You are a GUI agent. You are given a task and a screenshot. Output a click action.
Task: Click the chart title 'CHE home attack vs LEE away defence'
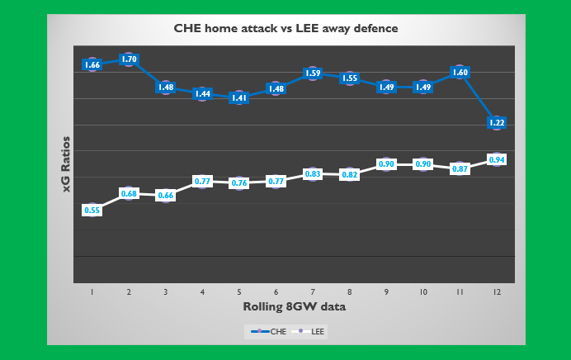[x=285, y=28]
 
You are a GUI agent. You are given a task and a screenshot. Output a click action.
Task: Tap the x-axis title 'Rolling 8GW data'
[x=294, y=306]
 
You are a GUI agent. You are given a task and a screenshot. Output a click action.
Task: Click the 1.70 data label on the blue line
[x=129, y=59]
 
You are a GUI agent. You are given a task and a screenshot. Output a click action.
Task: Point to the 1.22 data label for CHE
[x=497, y=123]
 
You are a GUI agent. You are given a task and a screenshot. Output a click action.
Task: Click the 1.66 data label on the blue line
[x=92, y=64]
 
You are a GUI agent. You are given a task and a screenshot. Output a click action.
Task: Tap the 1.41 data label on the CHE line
[x=239, y=97]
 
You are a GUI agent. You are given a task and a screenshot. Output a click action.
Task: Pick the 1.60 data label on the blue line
[x=460, y=73]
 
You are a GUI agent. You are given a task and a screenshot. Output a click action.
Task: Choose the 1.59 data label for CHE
[x=313, y=73]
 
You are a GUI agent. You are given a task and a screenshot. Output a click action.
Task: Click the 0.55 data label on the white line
[x=92, y=211]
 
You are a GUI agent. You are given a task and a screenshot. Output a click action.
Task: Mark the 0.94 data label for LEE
[x=497, y=159]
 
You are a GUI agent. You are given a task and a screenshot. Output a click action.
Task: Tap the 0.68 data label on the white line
[x=129, y=194]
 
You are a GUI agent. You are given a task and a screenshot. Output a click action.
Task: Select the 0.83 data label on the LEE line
[x=313, y=174]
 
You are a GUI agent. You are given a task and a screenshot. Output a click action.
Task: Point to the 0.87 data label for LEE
[x=460, y=168]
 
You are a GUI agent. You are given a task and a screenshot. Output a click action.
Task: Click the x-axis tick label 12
[x=497, y=292]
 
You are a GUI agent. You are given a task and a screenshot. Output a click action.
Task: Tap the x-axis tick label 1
[x=92, y=292]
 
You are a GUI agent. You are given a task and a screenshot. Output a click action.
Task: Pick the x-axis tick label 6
[x=276, y=292]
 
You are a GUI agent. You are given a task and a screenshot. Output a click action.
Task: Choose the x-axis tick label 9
[x=386, y=292]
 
